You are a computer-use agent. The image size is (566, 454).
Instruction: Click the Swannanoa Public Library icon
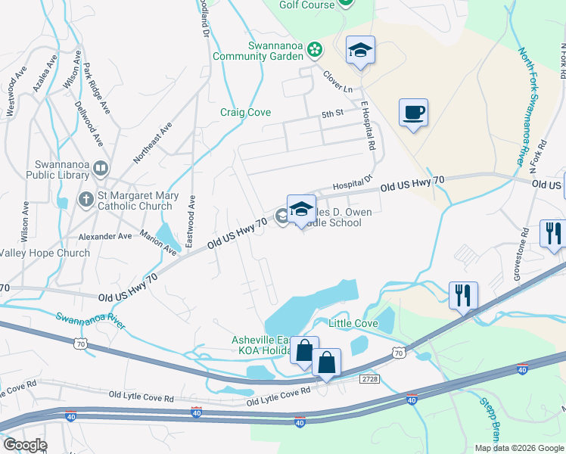100,169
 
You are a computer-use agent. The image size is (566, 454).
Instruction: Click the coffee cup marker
413,113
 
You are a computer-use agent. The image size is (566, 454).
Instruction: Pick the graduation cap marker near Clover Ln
360,51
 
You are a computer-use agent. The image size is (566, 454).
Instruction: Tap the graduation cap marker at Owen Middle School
301,209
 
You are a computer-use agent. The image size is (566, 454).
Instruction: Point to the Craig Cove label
245,112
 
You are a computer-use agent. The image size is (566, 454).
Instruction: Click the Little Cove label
353,323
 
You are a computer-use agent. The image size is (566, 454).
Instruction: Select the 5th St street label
332,114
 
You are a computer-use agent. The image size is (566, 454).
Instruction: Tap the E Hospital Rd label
368,126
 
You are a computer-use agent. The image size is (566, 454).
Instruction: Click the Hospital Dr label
353,182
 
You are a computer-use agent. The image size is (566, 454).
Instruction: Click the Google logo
26,445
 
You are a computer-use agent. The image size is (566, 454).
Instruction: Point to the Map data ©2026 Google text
518,447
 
